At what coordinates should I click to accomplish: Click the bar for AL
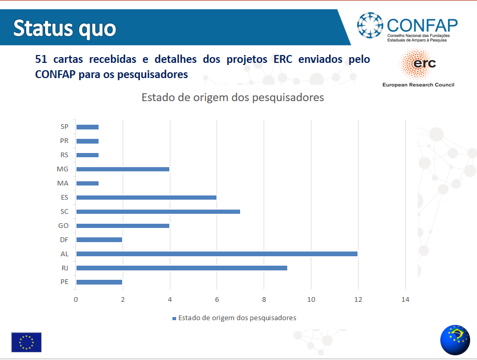217,254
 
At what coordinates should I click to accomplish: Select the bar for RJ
181,268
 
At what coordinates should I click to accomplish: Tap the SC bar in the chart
158,212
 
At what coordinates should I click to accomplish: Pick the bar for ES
146,198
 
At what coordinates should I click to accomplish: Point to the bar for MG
123,169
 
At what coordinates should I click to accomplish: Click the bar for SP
88,127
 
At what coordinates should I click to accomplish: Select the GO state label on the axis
63,226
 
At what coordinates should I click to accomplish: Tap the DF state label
64,240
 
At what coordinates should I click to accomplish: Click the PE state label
64,282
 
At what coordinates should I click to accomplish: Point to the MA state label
63,183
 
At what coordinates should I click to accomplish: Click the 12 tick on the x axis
358,300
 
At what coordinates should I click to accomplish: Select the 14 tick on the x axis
405,300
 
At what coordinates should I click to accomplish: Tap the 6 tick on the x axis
217,300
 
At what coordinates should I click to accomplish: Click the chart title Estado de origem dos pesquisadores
233,97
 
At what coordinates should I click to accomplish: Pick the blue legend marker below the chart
175,319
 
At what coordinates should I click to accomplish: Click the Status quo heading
65,28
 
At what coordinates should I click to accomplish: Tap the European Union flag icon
26,342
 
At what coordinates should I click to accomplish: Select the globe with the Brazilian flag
455,340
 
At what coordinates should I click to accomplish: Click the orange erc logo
418,63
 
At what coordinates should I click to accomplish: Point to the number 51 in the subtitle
41,59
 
